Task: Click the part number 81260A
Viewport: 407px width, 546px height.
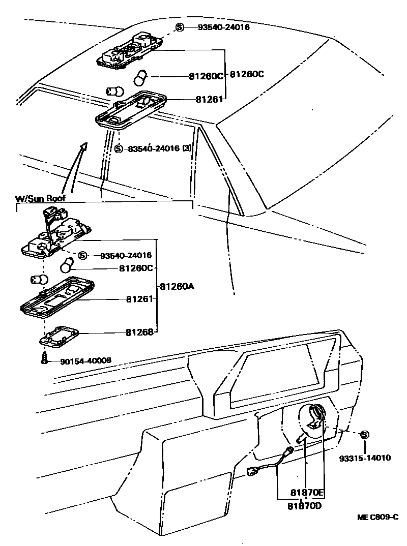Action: [x=177, y=287]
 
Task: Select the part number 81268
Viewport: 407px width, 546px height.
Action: [x=139, y=333]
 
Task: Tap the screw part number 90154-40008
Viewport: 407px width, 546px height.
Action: [x=85, y=361]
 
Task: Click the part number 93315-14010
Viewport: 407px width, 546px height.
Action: [x=365, y=458]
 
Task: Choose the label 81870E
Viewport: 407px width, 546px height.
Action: [x=307, y=493]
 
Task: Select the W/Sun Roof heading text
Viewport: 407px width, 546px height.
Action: [x=38, y=198]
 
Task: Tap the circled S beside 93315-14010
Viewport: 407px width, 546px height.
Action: [x=364, y=435]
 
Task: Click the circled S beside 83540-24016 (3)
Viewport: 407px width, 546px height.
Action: [x=119, y=149]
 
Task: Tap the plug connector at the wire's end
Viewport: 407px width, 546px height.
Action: [x=251, y=472]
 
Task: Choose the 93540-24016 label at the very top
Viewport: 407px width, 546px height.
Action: [x=224, y=27]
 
